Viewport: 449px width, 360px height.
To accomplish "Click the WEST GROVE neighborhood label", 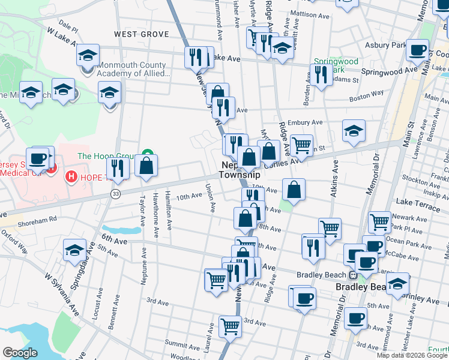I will pos(142,34).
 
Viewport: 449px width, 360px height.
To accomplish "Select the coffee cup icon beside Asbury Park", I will pos(417,50).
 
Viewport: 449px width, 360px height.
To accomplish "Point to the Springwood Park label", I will pos(336,65).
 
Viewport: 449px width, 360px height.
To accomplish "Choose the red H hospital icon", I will pos(71,176).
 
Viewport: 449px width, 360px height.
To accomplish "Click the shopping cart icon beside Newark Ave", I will pos(379,221).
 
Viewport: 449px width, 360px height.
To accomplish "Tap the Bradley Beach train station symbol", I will pos(354,275).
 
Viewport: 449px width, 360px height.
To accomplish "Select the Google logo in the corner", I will pos(20,352).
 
